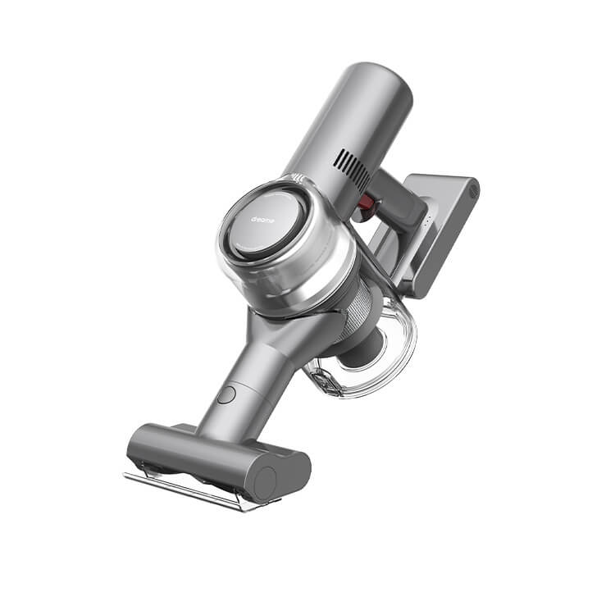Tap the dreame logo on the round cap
pos(262,220)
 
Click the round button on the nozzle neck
pos(226,394)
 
